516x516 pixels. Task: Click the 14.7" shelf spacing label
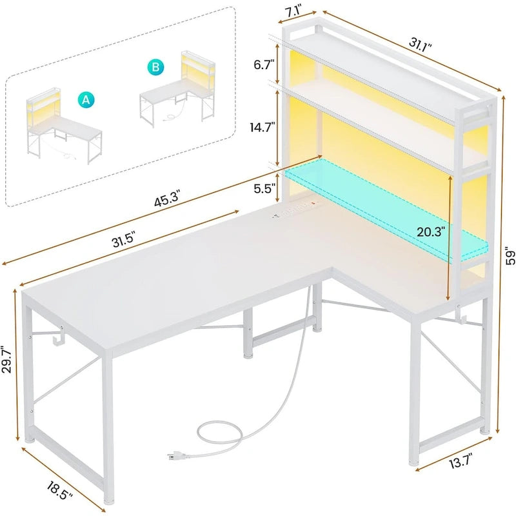coord(261,128)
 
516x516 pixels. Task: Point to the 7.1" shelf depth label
coord(301,12)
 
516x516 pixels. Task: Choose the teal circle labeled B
coord(155,66)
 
